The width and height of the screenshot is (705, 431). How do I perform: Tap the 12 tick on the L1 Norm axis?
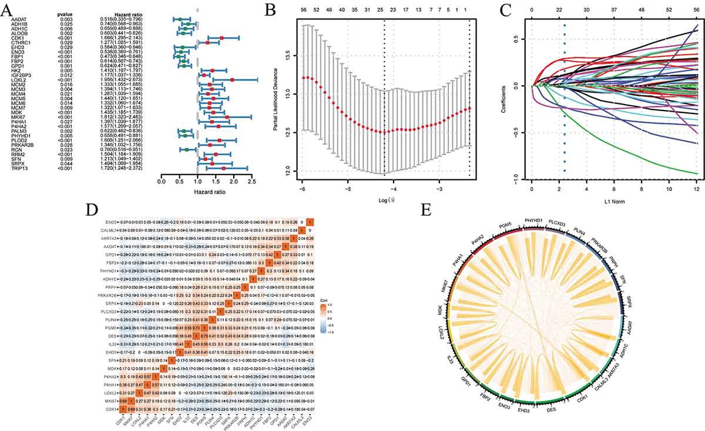pyautogui.click(x=697, y=191)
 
